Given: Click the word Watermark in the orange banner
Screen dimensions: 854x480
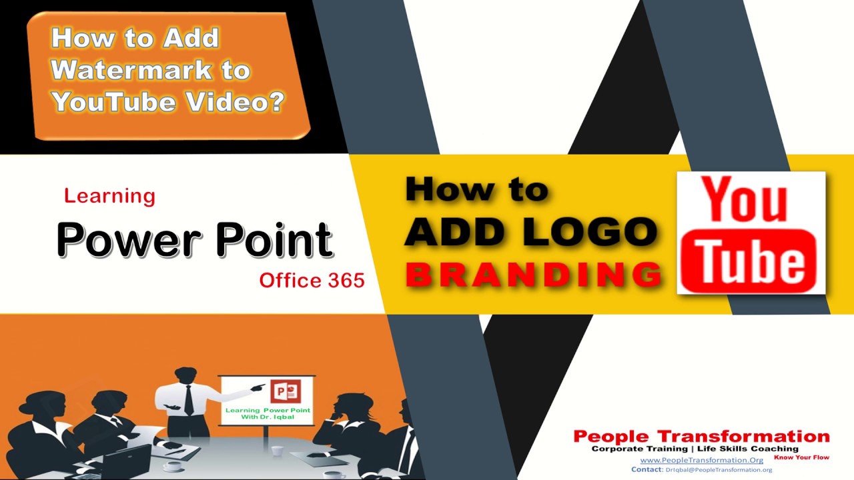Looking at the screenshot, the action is pyautogui.click(x=131, y=70).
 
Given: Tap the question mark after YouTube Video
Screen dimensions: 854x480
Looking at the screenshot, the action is pyautogui.click(x=274, y=101).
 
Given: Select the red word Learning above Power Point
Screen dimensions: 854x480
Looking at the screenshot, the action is pyautogui.click(x=110, y=196).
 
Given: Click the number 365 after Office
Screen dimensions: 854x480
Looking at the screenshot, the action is pyautogui.click(x=346, y=281).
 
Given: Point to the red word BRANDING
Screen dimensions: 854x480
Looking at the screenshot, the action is pyautogui.click(x=534, y=274).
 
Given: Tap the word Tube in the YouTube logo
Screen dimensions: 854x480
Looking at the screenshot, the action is pyautogui.click(x=749, y=262).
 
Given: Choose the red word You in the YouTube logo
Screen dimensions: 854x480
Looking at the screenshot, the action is pyautogui.click(x=744, y=199).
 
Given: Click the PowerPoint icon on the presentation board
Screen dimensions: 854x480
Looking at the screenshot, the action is pyautogui.click(x=286, y=391).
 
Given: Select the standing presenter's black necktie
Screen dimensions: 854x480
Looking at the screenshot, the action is pyautogui.click(x=188, y=399).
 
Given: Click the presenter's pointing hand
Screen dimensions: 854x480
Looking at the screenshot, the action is pyautogui.click(x=258, y=387).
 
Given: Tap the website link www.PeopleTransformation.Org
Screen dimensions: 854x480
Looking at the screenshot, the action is pyautogui.click(x=701, y=460).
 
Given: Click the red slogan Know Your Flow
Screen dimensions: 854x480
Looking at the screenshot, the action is pyautogui.click(x=801, y=457).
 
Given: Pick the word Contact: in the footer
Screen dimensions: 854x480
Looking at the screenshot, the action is pyautogui.click(x=647, y=469).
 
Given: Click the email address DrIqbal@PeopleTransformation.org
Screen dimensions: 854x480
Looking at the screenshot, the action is pyautogui.click(x=719, y=470).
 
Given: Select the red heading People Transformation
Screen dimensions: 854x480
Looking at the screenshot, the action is pyautogui.click(x=701, y=436).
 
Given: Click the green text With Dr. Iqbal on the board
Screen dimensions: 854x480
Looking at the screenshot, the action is pyautogui.click(x=268, y=417).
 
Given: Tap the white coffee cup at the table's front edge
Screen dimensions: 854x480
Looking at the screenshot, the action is pyautogui.click(x=172, y=466).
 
